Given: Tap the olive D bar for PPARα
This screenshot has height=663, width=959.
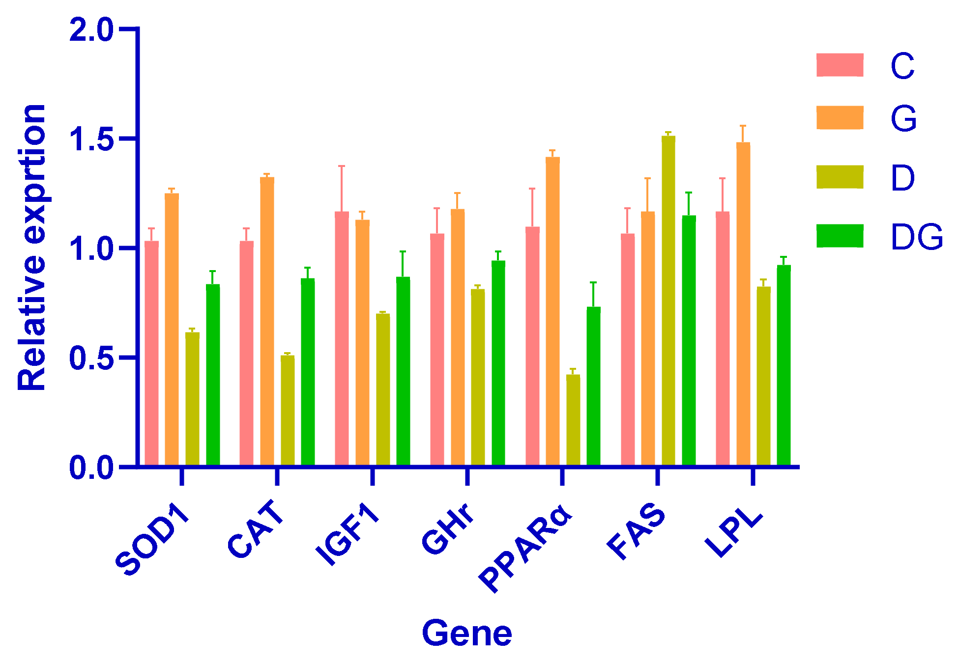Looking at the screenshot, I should (573, 420).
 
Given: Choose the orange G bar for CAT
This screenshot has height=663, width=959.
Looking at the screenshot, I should (267, 321).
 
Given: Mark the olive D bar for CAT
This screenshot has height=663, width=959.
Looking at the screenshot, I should (288, 410).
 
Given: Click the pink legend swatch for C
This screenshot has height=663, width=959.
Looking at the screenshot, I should (840, 65).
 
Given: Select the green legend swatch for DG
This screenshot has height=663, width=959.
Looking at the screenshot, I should (840, 236).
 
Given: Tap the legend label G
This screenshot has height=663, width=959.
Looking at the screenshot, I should (903, 119).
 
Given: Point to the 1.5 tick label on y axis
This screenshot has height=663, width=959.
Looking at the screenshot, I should (91, 139).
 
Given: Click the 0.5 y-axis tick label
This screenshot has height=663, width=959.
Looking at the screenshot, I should (91, 358).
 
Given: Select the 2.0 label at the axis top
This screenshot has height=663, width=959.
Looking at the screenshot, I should (91, 30).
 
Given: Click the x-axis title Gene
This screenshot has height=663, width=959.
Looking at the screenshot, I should (466, 634).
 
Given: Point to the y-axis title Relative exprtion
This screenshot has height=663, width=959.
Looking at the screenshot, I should (32, 248).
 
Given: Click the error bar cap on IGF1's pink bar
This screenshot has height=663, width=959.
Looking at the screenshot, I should (342, 166).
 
